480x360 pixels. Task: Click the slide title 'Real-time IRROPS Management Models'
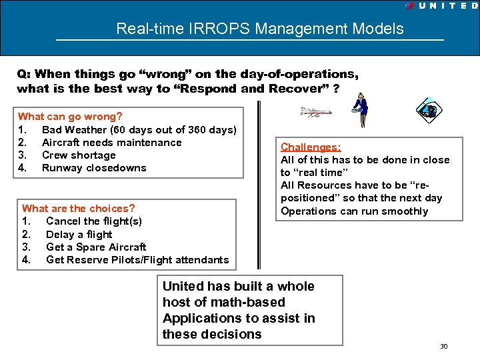[x=259, y=29]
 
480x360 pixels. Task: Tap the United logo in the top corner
[x=441, y=5]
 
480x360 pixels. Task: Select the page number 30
[x=443, y=346]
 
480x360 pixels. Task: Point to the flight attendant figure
[x=361, y=109]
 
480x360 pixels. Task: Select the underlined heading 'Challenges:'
[x=311, y=147]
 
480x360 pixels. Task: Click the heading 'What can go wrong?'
[x=70, y=117]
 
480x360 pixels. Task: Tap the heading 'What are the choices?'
[x=78, y=209]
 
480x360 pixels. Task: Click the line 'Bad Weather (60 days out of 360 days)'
[x=139, y=129]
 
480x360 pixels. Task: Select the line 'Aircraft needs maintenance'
[x=111, y=142]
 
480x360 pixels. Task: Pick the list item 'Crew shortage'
[x=79, y=155]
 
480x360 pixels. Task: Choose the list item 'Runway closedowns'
[x=94, y=167]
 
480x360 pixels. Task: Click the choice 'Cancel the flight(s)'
[x=94, y=221]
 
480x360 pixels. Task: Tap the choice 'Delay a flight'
[x=79, y=234]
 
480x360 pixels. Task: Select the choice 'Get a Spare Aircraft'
[x=96, y=247]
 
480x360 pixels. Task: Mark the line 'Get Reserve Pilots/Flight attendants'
[x=137, y=259]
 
